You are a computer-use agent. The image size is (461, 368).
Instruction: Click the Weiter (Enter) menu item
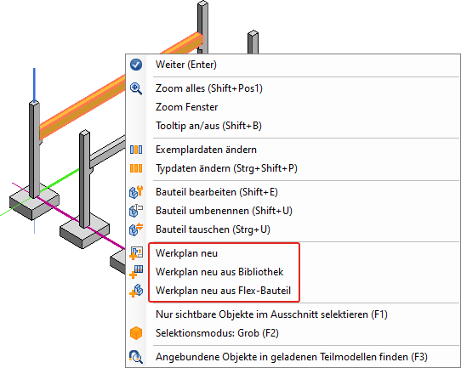click(x=186, y=65)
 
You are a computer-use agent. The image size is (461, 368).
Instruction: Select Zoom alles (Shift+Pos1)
click(x=209, y=88)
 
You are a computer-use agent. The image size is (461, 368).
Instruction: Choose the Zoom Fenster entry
click(x=186, y=107)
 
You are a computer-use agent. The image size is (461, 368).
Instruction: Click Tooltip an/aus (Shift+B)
click(x=208, y=126)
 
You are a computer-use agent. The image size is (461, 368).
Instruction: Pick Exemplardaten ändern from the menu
click(x=206, y=150)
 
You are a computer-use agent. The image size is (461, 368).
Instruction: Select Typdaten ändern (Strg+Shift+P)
click(x=226, y=168)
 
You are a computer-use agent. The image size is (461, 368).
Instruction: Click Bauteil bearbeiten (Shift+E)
click(x=217, y=192)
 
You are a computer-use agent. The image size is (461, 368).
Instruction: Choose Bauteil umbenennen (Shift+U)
click(x=224, y=211)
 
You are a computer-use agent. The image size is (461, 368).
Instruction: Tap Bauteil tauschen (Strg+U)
click(x=213, y=229)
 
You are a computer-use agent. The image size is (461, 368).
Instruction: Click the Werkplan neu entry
click(x=186, y=253)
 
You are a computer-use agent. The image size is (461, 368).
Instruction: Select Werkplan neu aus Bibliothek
click(x=219, y=272)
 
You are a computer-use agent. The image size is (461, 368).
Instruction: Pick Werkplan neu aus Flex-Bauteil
click(x=224, y=291)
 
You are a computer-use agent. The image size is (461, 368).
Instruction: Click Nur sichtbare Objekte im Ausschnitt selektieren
click(x=271, y=314)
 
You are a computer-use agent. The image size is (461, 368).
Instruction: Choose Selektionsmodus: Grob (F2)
click(x=217, y=333)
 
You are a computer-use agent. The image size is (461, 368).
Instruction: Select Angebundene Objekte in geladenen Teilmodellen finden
click(x=292, y=357)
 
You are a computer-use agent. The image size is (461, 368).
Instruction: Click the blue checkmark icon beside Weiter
click(x=136, y=65)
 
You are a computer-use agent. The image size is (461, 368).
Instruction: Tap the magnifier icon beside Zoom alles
click(x=136, y=88)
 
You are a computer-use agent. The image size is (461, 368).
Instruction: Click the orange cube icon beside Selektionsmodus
click(x=136, y=333)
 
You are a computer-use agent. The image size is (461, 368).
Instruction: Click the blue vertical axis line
click(x=34, y=86)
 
